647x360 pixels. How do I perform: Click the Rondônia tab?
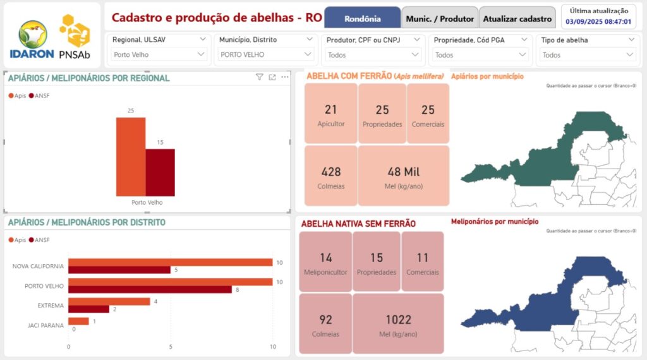click(363, 18)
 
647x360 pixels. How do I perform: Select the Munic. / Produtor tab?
click(440, 18)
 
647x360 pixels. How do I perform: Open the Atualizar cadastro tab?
click(517, 18)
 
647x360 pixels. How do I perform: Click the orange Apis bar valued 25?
click(131, 157)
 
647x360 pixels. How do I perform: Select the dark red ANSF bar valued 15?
click(160, 172)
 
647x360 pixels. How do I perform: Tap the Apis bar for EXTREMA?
click(109, 301)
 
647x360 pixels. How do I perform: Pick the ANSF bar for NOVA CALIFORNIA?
click(119, 270)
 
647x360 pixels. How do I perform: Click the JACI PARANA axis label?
click(45, 325)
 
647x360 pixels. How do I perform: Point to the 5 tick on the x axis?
click(171, 347)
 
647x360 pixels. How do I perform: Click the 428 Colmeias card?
click(330, 176)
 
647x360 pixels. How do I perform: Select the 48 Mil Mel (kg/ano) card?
click(404, 176)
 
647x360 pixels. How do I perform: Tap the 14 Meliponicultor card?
click(325, 262)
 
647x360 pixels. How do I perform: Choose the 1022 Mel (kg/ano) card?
click(398, 324)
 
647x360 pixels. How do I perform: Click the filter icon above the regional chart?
click(260, 77)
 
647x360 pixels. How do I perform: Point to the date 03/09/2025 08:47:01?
click(598, 21)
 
